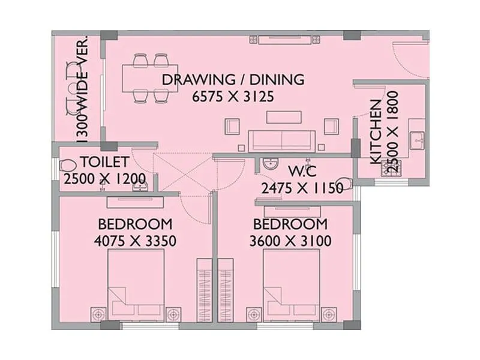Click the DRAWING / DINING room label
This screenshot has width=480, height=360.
pyautogui.click(x=233, y=79)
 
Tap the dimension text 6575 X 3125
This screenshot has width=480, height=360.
pyautogui.click(x=233, y=96)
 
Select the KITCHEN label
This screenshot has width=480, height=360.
pyautogui.click(x=376, y=132)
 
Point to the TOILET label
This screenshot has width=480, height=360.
pyautogui.click(x=104, y=161)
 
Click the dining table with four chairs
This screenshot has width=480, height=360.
pyautogui.click(x=151, y=77)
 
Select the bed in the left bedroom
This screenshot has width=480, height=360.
pyautogui.click(x=136, y=286)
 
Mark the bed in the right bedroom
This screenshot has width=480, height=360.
pyautogui.click(x=292, y=286)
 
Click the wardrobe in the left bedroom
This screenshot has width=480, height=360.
pyautogui.click(x=205, y=290)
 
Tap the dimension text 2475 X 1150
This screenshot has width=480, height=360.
pyautogui.click(x=302, y=188)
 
